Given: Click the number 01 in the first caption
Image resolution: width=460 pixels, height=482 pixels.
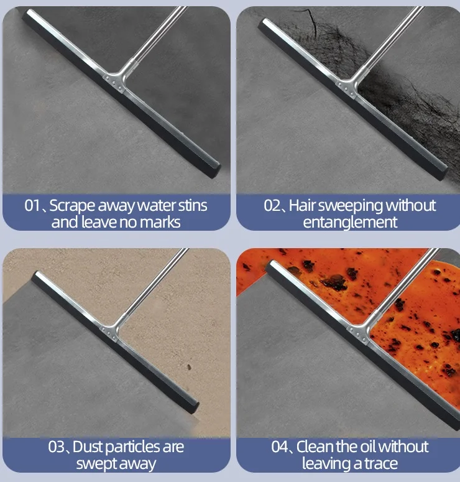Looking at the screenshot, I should [x=32, y=206].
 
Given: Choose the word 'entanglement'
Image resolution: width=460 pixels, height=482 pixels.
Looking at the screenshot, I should [x=350, y=222].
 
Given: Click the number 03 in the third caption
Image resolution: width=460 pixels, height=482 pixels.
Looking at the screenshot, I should [x=57, y=447].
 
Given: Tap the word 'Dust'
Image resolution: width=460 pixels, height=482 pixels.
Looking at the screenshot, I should [x=88, y=447].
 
